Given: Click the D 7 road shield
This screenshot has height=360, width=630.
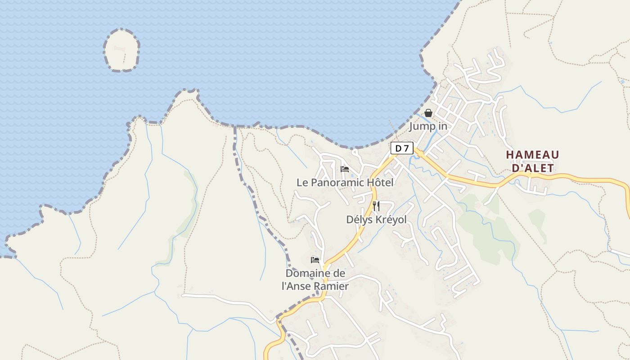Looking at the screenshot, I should coord(402,148).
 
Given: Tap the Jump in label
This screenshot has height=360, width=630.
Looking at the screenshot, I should coord(428,126).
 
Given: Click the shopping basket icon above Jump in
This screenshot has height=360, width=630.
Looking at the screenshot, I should coord(428,113).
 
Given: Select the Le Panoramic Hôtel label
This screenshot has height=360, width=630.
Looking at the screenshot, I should coord(345,182).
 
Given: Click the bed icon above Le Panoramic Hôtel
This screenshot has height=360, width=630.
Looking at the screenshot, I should coord(345,169).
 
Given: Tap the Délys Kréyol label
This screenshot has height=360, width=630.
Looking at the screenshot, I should coord(376,220).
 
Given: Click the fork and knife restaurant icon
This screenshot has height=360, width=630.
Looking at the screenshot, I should coord(376,206).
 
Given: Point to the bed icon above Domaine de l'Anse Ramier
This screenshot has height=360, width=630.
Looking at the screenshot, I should coord(315,260).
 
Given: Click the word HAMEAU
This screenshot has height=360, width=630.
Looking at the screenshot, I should coord(532,155).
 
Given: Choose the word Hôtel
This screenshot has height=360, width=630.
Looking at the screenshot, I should coord(380,182).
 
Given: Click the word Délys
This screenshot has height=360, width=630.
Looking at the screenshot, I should coord(358,220).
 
